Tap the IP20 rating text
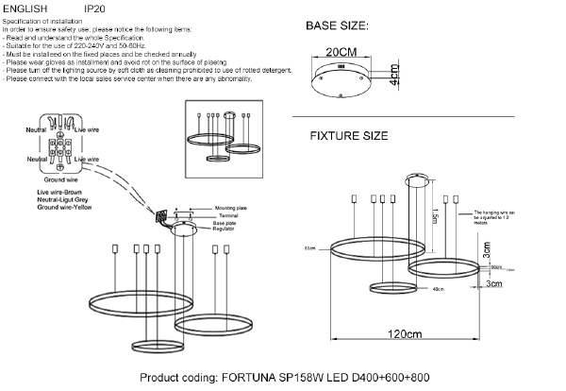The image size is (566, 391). (95, 8)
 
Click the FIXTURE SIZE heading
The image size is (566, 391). (349, 136)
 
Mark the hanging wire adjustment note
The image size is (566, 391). (495, 218)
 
